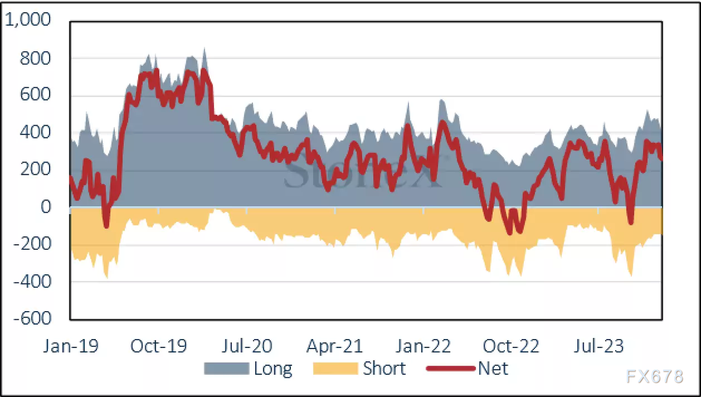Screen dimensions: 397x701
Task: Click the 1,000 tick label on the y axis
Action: (x=28, y=21)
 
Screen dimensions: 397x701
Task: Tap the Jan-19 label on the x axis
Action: (x=71, y=346)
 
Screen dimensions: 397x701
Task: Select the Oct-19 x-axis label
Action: (x=158, y=346)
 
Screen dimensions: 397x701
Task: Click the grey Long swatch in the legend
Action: (x=226, y=368)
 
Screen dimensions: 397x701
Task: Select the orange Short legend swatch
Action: (x=335, y=368)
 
